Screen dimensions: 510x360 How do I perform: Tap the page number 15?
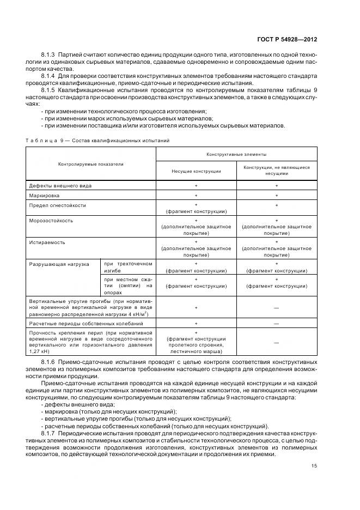click(x=315, y=465)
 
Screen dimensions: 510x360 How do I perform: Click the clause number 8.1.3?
click(x=49, y=56)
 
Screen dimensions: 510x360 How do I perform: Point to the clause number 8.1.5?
click(x=49, y=88)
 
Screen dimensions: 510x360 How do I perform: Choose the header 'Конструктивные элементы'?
click(x=236, y=155)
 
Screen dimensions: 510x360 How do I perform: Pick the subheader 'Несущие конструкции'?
click(x=196, y=171)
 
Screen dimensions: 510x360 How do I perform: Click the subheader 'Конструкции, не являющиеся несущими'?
click(x=276, y=171)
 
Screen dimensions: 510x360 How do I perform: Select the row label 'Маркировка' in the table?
click(x=44, y=195)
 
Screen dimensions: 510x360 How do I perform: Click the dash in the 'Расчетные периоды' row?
click(x=276, y=323)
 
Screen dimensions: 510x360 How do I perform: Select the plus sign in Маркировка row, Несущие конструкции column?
click(x=196, y=195)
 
